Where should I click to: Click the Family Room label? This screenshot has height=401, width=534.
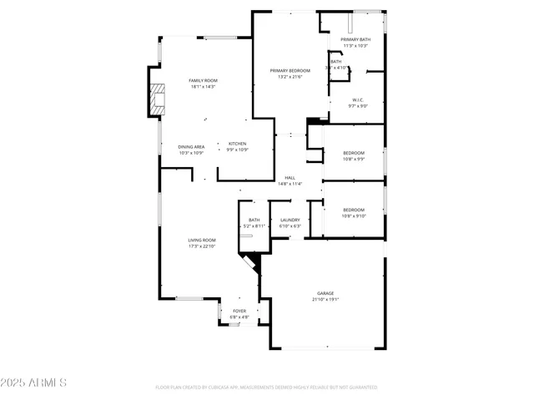pos(203,80)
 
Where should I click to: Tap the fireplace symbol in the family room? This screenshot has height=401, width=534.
pos(157,100)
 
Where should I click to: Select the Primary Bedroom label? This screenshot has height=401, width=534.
pos(290,70)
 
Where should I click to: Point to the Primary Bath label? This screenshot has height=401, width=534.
pos(355,39)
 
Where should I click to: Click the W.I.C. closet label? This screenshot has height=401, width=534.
pos(356,99)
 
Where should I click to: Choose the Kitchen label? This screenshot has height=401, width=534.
pos(238,144)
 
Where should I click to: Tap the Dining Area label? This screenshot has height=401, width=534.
pos(191,147)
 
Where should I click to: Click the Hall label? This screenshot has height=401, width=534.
pos(290,177)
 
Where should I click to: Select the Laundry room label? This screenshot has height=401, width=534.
pos(290,220)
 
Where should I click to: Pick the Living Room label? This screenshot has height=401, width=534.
pos(202,240)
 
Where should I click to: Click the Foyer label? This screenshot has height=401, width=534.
pos(239,311)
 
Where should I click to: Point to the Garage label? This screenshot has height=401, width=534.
pos(325,293)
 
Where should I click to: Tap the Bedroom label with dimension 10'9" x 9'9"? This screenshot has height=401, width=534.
pos(354,153)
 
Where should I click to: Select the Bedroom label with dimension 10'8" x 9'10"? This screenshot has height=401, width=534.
pos(354,210)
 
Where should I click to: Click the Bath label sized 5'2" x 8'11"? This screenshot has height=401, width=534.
pos(254,220)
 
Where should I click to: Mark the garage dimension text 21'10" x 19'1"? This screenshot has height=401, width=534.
pos(325,299)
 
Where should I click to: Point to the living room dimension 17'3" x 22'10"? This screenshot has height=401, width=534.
pos(202,246)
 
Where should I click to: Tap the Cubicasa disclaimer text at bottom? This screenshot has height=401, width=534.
pos(266,387)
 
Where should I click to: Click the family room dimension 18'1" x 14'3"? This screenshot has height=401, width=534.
pos(203,86)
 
